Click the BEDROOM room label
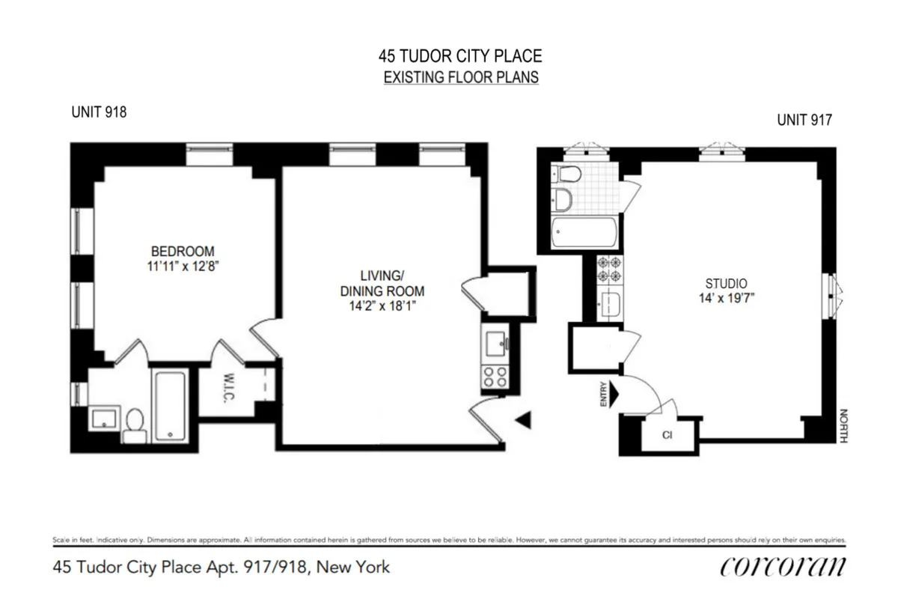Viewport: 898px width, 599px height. tap(183, 251)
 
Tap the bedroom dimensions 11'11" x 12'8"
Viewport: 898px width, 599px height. tap(183, 265)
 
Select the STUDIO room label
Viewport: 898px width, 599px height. tap(727, 283)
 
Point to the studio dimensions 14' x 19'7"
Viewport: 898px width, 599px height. tap(727, 297)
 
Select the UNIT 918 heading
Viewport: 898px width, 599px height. tap(98, 112)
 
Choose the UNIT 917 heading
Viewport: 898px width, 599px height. tap(804, 119)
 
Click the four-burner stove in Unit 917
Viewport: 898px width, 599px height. tap(608, 269)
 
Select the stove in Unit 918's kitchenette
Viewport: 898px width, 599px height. tap(493, 377)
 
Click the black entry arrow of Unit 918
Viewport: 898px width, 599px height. tap(524, 421)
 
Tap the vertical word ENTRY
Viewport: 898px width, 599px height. tap(603, 395)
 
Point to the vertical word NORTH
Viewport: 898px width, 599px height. tap(843, 425)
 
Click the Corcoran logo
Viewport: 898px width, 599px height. tap(783, 567)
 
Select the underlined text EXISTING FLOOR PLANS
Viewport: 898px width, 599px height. tap(461, 77)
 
